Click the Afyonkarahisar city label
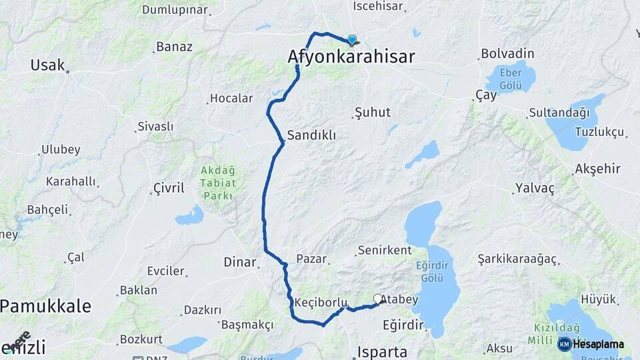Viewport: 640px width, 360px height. pos(351,57)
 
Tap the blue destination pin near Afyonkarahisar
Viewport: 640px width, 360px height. pos(352,39)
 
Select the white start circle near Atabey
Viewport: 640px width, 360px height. pos(378,299)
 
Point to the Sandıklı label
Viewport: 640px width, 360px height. pos(311,135)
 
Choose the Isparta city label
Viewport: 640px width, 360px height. pos(382,351)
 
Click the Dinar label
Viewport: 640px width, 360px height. pos(239,262)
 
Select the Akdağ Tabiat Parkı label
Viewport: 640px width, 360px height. pos(217,183)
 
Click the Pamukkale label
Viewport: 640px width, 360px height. pos(45,306)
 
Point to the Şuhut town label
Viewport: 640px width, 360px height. pos(373,112)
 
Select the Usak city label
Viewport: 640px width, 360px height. pos(47,65)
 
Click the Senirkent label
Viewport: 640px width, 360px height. pos(384,251)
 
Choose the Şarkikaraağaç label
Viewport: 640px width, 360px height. pos(517,259)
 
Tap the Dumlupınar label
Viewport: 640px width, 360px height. pos(175,10)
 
